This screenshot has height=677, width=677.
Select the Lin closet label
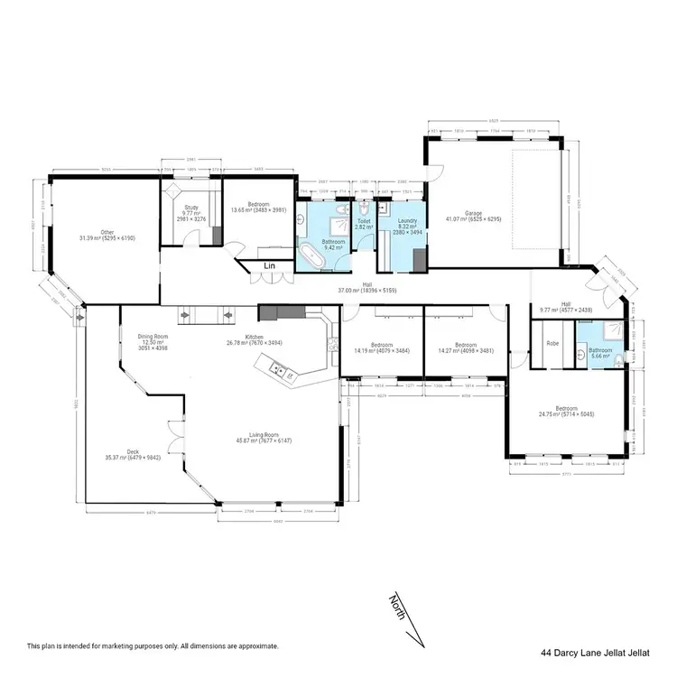[x=269, y=265]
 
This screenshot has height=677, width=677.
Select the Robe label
[x=552, y=344]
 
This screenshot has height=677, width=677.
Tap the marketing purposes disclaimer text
[x=153, y=646]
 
